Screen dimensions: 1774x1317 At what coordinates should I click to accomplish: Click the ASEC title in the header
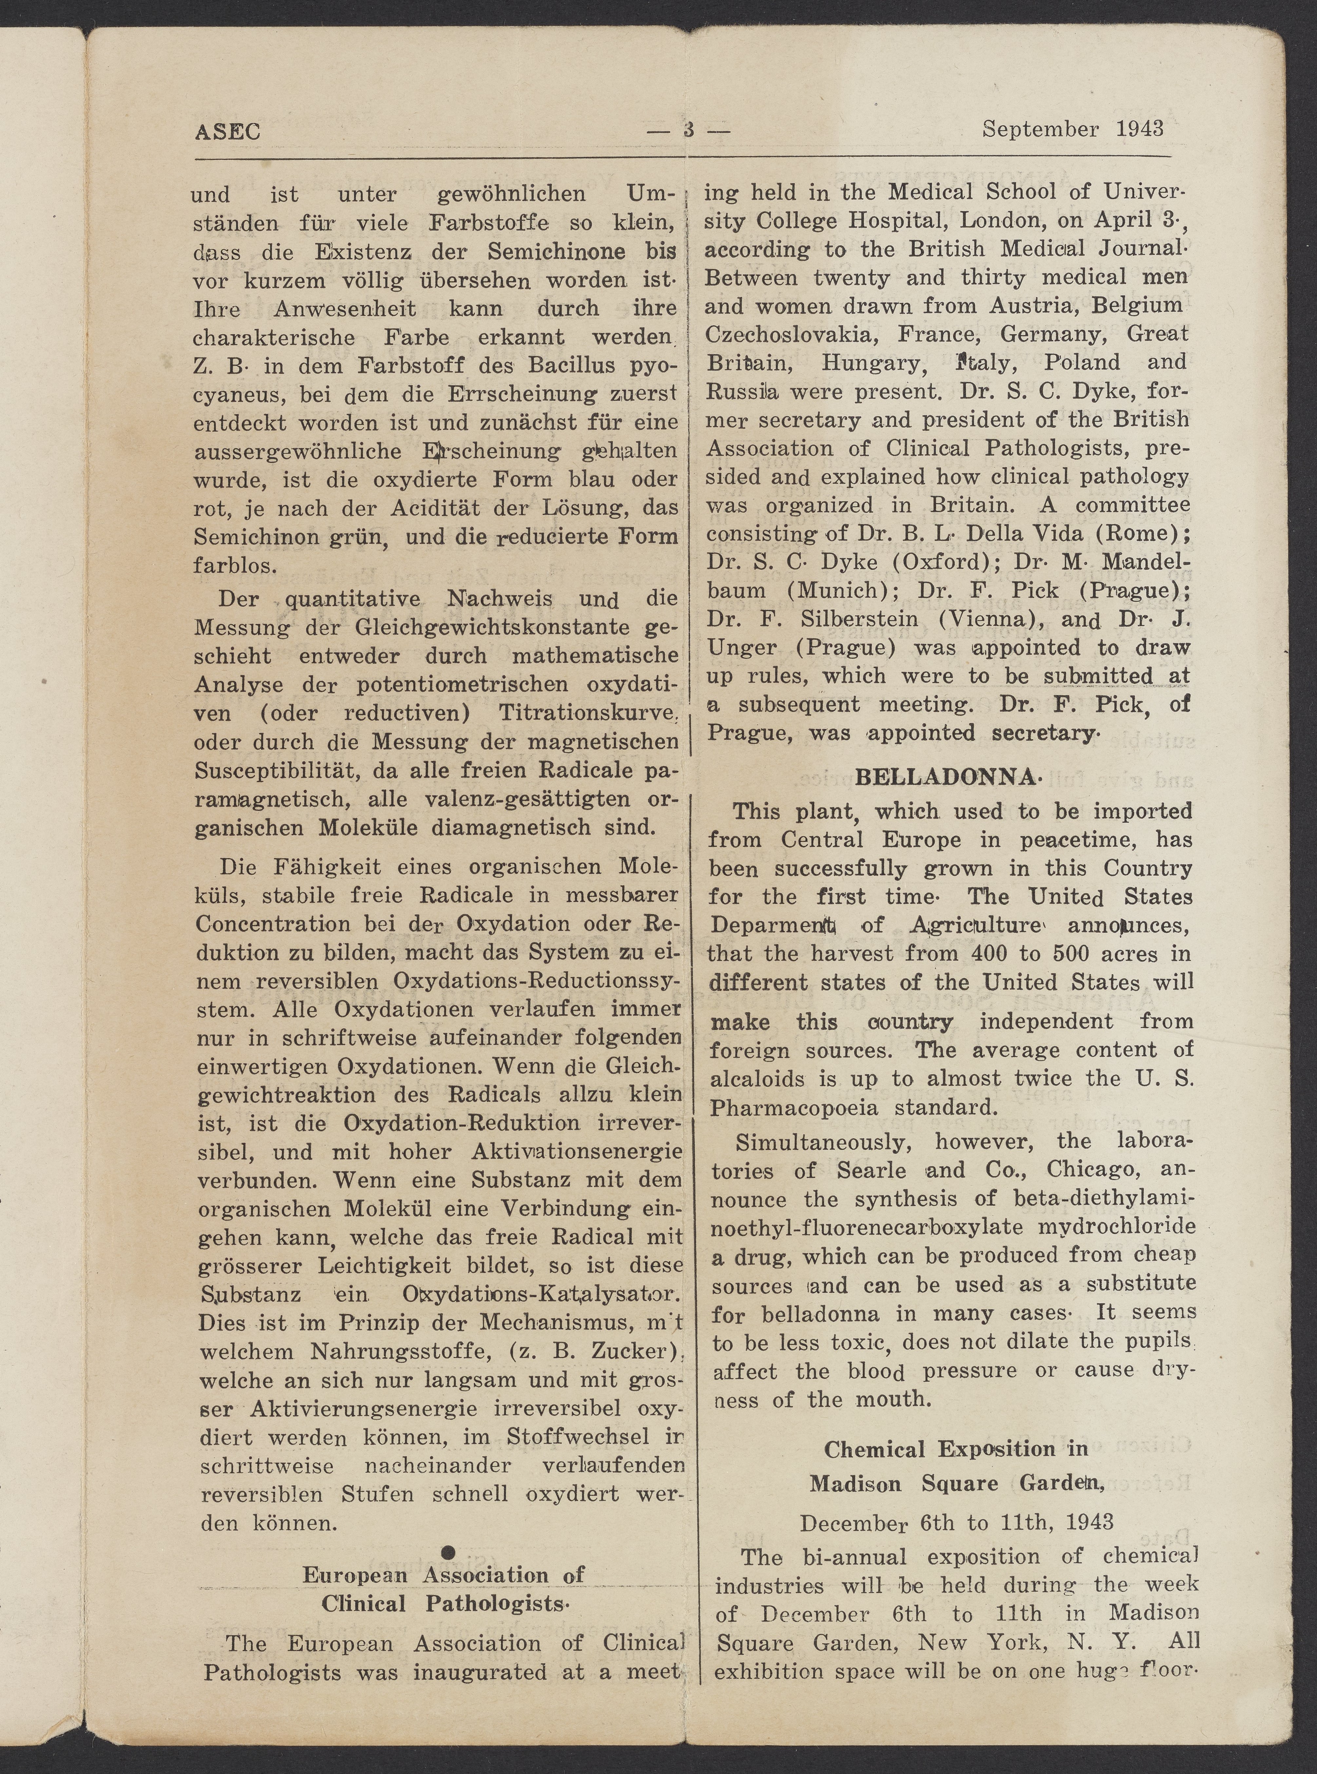click(227, 131)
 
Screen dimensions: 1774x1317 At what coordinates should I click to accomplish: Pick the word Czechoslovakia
click(789, 334)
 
